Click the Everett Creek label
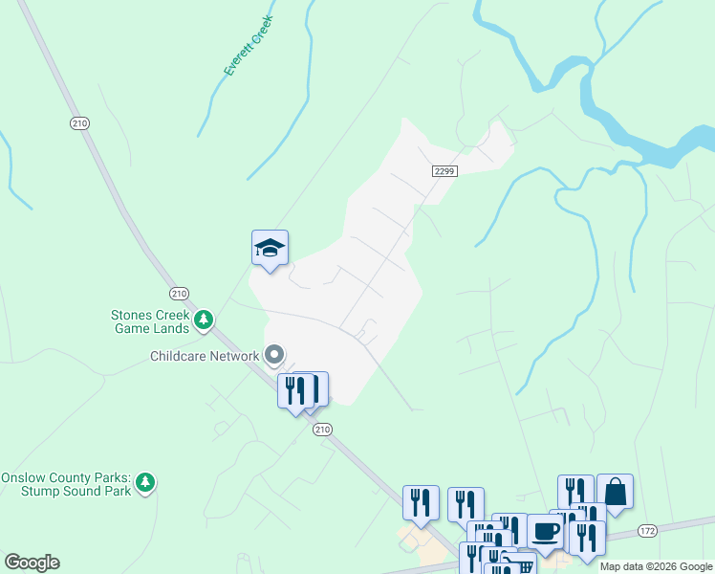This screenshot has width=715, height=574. click(249, 45)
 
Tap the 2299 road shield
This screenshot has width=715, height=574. click(444, 171)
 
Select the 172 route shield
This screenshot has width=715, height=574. click(647, 529)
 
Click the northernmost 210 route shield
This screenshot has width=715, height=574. click(79, 122)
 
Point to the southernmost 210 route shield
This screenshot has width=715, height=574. click(322, 430)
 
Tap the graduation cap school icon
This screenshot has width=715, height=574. click(270, 249)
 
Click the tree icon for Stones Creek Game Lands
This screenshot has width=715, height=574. click(203, 320)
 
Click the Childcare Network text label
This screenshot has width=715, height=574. click(205, 357)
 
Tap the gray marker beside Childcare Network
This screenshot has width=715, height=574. click(274, 356)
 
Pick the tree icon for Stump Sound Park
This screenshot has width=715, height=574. click(144, 482)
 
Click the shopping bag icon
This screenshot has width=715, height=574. click(615, 492)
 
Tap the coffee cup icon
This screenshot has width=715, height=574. click(546, 531)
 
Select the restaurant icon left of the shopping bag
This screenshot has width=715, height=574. click(575, 492)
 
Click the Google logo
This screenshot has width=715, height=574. click(32, 563)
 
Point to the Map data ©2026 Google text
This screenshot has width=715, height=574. click(656, 566)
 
